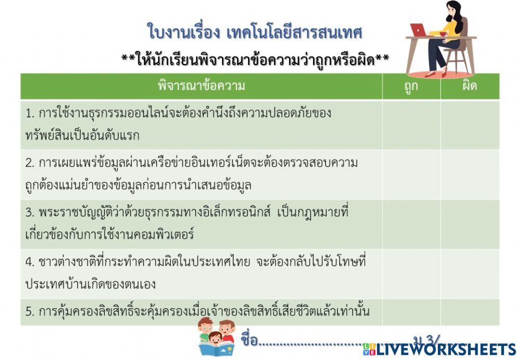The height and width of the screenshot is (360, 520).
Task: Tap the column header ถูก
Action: tap(411, 86)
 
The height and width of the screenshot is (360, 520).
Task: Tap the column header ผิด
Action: tap(470, 86)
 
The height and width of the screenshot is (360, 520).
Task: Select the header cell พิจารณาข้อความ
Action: tap(201, 86)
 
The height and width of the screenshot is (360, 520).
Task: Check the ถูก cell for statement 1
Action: tap(411, 124)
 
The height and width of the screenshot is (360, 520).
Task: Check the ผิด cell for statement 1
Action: tap(470, 124)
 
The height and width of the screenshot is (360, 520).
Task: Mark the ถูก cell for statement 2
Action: tap(411, 174)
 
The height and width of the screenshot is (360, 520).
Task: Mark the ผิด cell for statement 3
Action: tap(470, 224)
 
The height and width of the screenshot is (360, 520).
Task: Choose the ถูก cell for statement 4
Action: tap(411, 273)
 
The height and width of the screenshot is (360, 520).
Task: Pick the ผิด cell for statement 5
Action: tap(470, 312)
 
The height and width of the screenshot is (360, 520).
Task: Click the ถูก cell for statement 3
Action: tap(411, 224)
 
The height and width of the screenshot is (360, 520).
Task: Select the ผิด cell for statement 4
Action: tap(470, 273)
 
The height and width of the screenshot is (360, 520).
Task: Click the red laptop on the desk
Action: tap(419, 30)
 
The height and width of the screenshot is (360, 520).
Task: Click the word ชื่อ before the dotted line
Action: tap(250, 341)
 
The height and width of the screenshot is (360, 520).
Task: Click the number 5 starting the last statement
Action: tap(29, 312)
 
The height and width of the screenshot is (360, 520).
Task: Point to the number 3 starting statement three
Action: tap(29, 213)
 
